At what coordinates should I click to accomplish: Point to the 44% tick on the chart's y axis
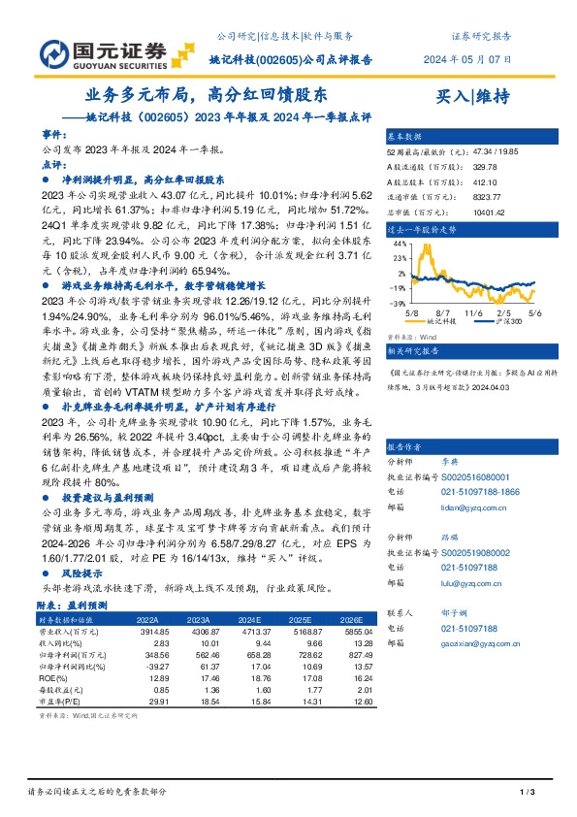tap(398, 245)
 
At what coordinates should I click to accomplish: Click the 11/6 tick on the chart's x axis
tap(472, 313)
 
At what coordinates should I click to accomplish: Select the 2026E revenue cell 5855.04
tap(346, 630)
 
